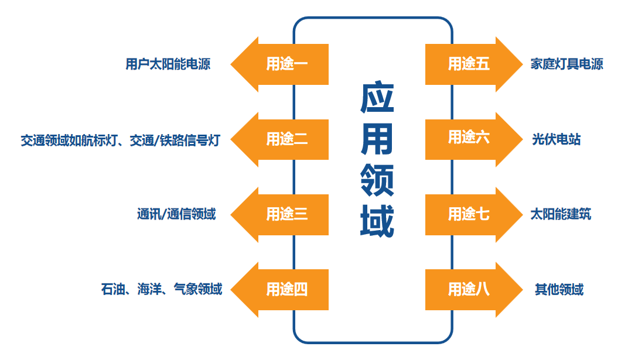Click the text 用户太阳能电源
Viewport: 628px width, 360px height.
coord(168,64)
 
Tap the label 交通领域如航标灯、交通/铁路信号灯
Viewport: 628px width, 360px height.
coord(120,140)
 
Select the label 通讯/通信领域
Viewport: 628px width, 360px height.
coord(176,214)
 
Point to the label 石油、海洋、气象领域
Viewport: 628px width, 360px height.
coord(162,289)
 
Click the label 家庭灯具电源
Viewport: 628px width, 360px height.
coord(566,64)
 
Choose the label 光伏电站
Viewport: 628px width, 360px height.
coord(557,139)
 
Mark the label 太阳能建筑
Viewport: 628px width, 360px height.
coord(561,214)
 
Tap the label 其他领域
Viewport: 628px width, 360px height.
coord(559,289)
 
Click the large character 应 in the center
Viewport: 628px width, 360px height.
coord(377,98)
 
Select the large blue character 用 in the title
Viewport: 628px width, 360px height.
coord(377,139)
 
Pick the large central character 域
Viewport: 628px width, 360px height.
coord(377,221)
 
